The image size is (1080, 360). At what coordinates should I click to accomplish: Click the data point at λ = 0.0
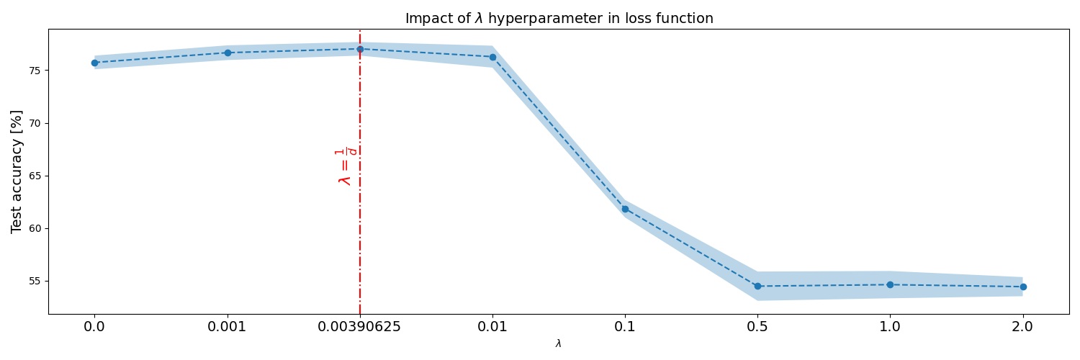point(94,63)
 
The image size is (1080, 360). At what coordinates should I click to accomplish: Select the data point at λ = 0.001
point(228,53)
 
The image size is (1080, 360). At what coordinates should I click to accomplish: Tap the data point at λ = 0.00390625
point(360,49)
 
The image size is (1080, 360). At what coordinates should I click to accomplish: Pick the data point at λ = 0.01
point(492,58)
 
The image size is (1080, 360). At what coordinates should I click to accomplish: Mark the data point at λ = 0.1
point(626,209)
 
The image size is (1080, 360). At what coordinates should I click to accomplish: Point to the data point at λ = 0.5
point(757,287)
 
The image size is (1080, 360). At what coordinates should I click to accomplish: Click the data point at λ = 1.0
point(890,285)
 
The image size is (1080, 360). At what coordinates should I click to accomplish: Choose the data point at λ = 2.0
point(1023,287)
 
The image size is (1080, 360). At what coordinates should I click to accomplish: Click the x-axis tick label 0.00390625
point(359,327)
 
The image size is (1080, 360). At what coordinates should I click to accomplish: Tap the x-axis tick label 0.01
point(492,327)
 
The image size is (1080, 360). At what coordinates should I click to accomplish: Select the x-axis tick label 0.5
point(757,327)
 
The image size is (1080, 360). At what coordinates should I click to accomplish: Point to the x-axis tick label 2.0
point(1022,327)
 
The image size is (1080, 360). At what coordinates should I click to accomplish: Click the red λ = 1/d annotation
point(346,167)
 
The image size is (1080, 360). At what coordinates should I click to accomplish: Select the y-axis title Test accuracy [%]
point(17,172)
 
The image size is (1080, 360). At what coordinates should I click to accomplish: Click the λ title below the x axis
point(558,343)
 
